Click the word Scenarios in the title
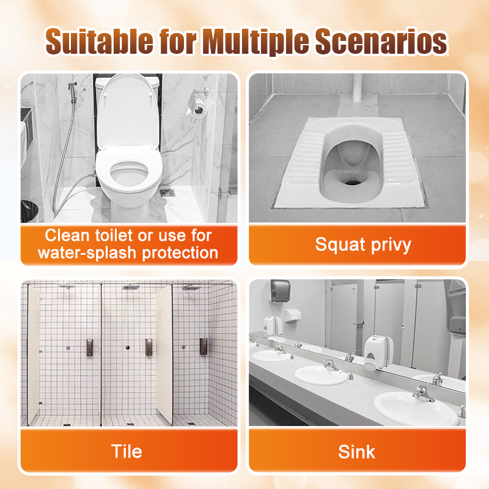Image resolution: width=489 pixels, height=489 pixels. coord(381,42)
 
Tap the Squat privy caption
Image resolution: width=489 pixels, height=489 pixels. coord(363,245)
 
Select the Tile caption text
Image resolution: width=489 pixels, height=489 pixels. coord(127,451)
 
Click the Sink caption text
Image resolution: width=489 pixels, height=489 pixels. coord(357,452)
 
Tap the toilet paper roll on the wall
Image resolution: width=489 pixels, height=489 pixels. coord(197,109)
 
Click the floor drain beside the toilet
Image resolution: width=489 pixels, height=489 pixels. coord(167,193)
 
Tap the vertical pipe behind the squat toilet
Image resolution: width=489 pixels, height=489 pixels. coord(358,87)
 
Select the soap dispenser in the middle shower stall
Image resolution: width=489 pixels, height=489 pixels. coord(149,347)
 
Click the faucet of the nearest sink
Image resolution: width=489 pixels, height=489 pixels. coord(423,394)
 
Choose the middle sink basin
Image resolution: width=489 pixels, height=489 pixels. coord(320,375)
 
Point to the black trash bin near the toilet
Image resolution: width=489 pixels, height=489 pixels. coord(29,211)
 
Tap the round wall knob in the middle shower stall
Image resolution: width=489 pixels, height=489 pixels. coord(128,347)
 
